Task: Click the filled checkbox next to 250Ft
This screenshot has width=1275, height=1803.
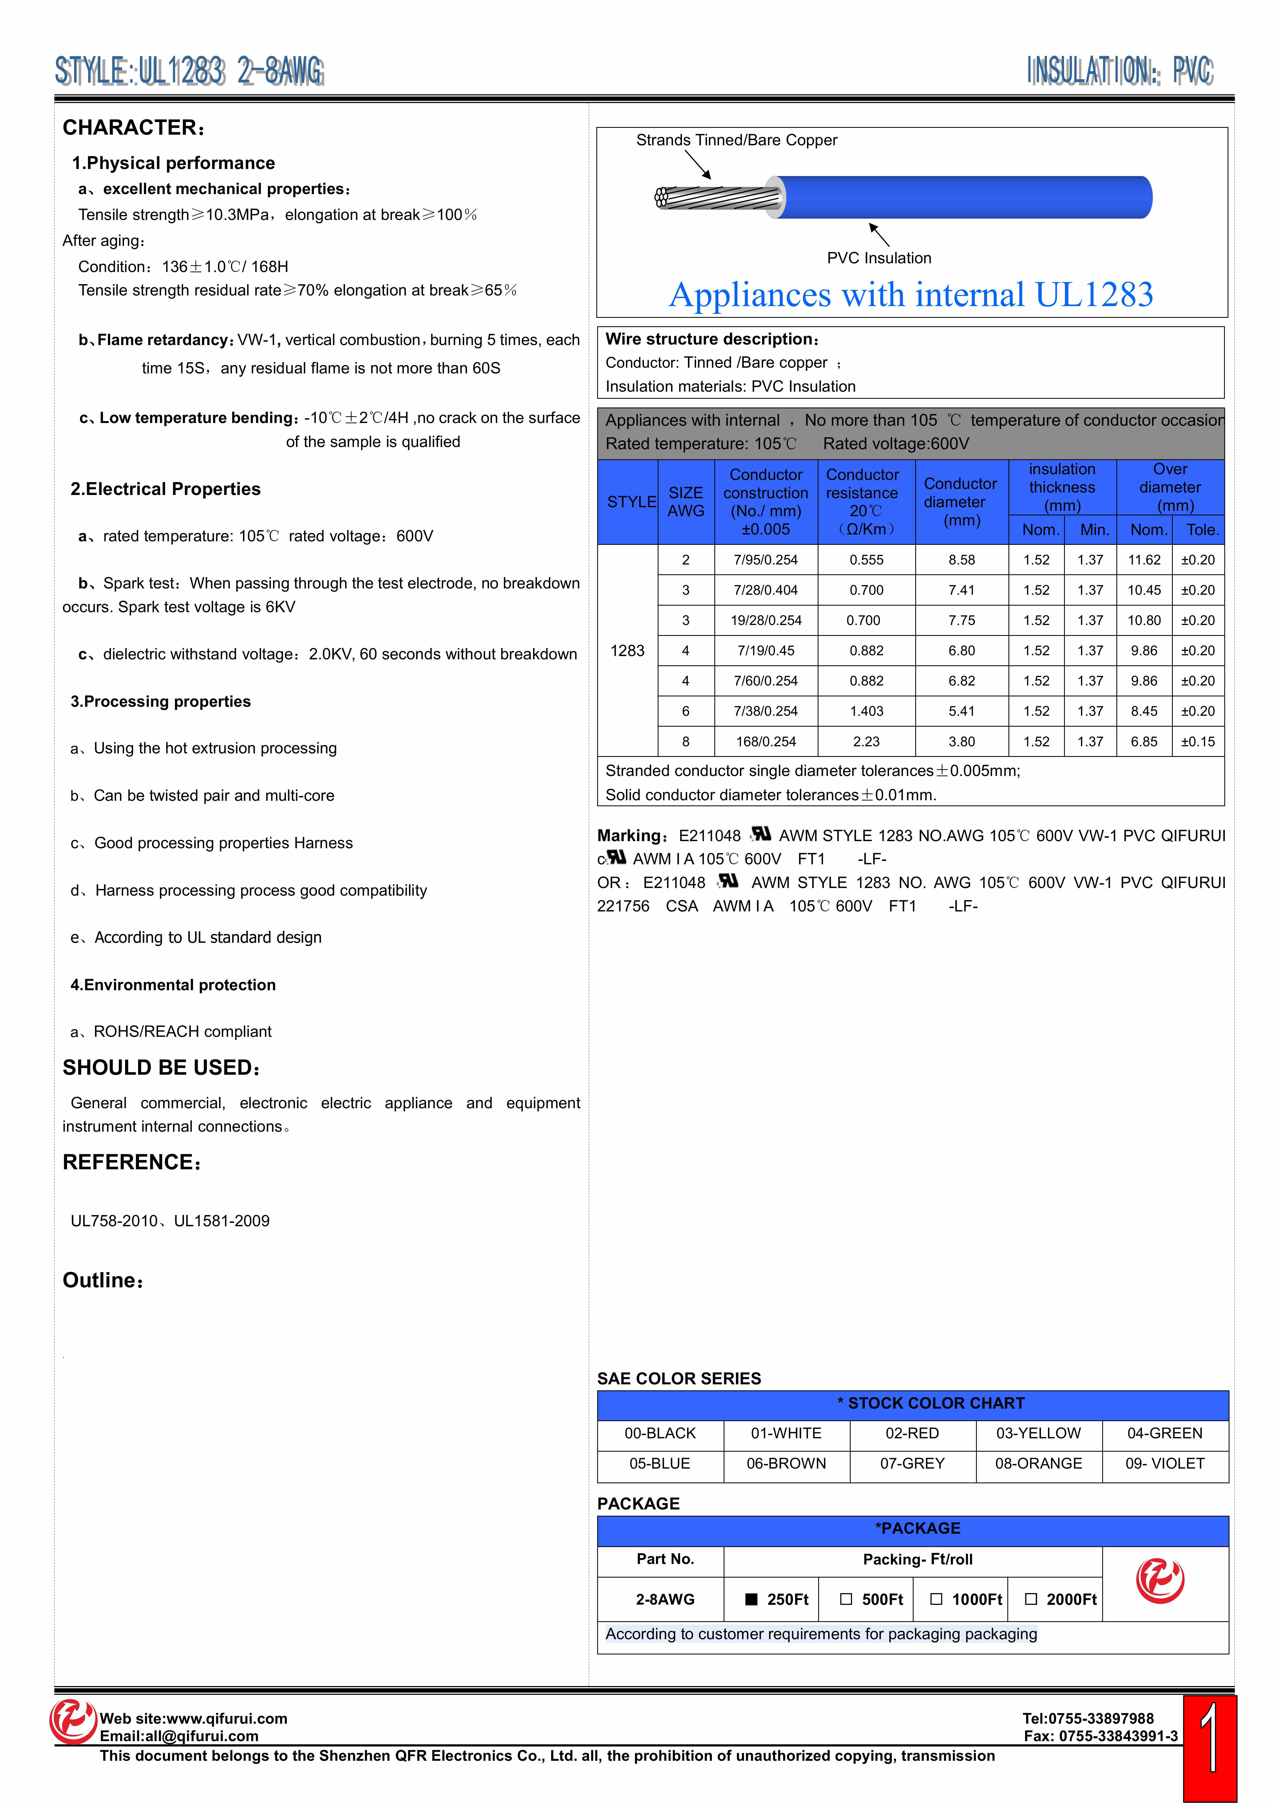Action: (751, 1599)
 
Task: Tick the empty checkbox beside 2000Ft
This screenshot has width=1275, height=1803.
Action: (1031, 1599)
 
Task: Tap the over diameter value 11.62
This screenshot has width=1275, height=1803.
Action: (1144, 560)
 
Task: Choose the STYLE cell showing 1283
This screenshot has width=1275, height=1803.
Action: (627, 650)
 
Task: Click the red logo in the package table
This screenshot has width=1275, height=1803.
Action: (1160, 1580)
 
